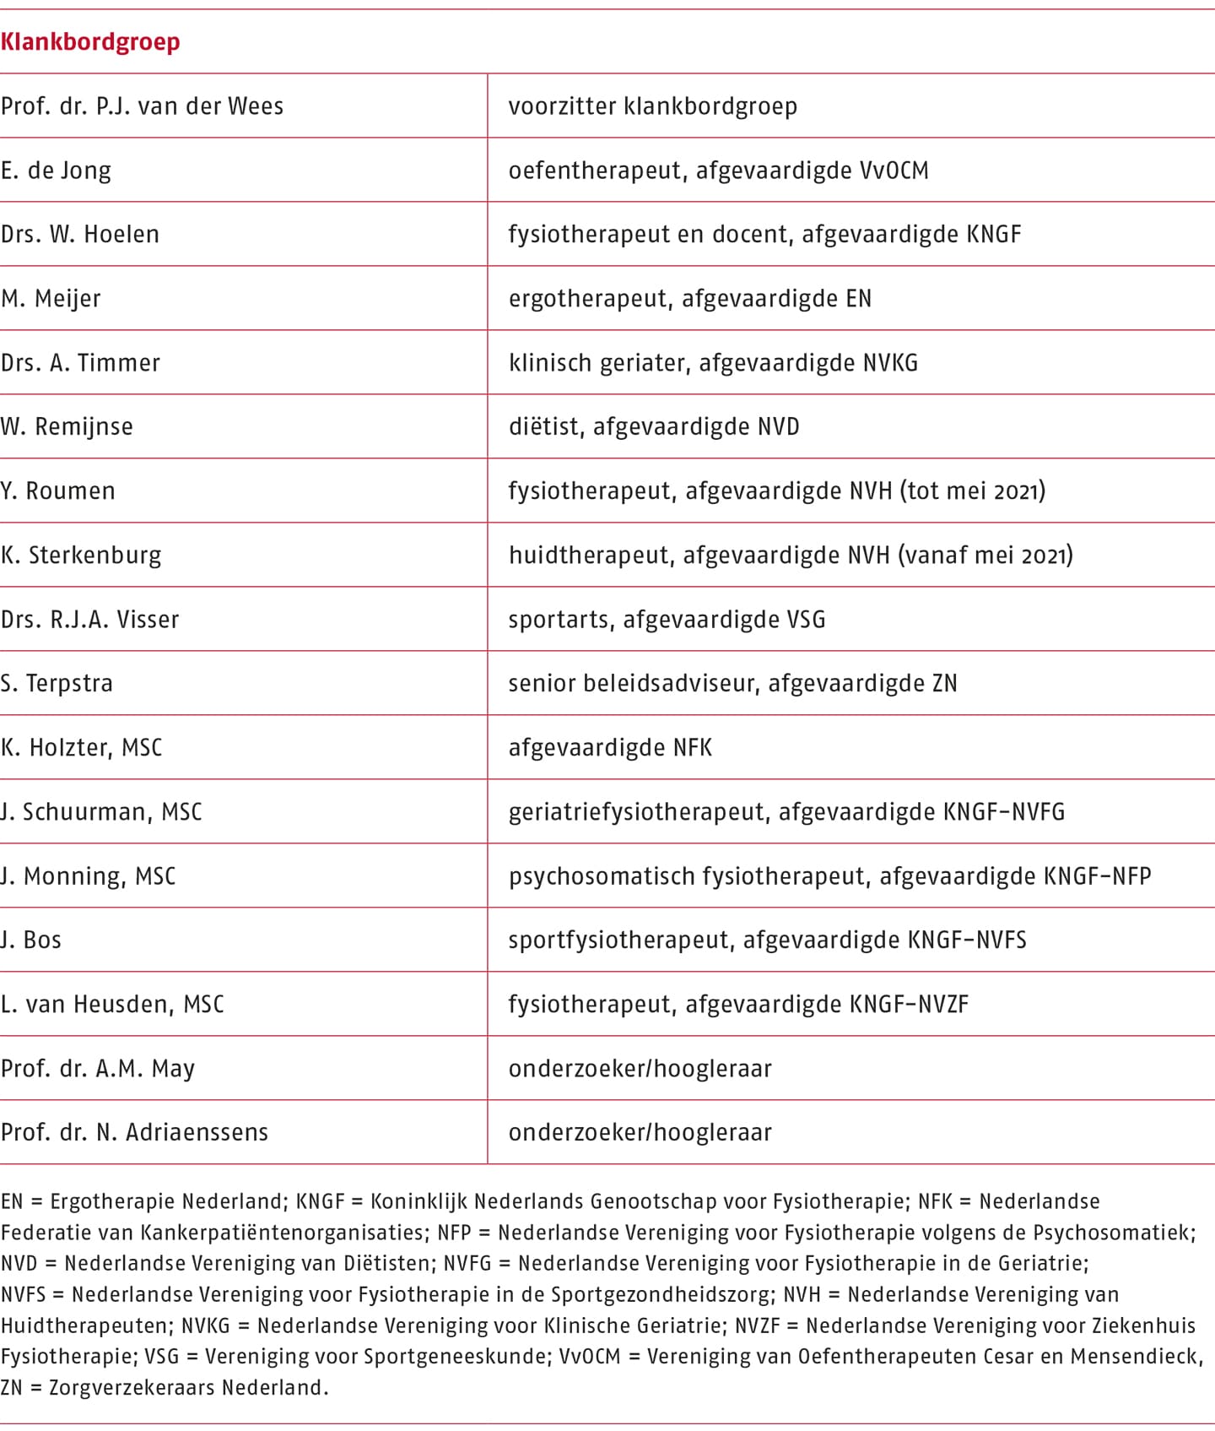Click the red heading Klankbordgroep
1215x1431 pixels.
pos(90,42)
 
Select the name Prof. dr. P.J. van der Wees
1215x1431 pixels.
pos(142,106)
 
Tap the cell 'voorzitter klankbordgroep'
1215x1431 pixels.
pos(652,106)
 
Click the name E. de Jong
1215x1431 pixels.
pos(56,171)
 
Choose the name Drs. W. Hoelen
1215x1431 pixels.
pos(80,235)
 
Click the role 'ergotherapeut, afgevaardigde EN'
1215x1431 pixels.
pos(689,299)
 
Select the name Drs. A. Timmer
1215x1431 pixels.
pos(80,363)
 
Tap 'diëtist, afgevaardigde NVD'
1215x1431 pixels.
pos(653,427)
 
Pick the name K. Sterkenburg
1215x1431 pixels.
pos(81,556)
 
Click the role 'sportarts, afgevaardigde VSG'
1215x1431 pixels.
pos(667,620)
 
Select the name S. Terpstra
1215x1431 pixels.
pos(57,684)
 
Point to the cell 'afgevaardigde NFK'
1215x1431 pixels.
pos(610,748)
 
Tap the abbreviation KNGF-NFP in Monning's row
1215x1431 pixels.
pos(1097,876)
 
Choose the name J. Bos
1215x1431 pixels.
pos(31,940)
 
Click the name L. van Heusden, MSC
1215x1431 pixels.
pos(112,1005)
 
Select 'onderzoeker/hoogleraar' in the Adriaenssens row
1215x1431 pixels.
pos(640,1133)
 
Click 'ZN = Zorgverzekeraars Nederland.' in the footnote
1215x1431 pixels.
pos(165,1387)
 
